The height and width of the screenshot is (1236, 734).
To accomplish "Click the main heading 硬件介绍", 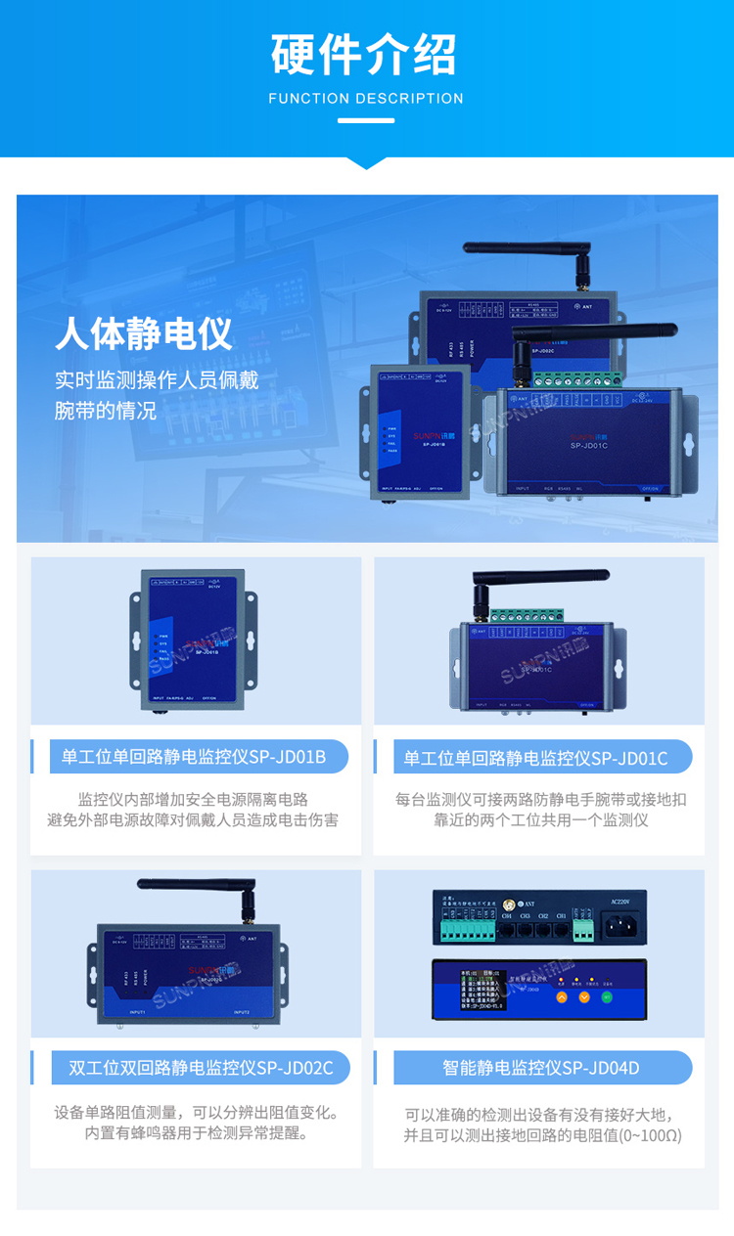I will [366, 55].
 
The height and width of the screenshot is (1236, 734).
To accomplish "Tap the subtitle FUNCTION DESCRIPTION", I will [366, 99].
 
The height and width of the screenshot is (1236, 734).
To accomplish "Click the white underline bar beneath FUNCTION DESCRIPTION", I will [366, 121].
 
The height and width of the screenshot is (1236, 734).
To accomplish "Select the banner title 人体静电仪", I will [144, 333].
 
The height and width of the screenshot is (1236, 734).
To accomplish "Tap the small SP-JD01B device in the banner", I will [420, 430].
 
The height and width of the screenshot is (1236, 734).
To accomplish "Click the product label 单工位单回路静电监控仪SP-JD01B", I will [193, 757].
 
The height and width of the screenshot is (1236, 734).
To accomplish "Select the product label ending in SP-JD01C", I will [536, 757].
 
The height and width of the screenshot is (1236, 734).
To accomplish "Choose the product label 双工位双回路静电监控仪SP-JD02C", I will [201, 1068].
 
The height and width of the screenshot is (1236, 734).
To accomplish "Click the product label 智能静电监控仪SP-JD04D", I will [540, 1068].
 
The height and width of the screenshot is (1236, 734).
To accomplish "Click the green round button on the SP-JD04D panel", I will [608, 997].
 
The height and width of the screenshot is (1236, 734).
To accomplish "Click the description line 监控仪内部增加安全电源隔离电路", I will [193, 799].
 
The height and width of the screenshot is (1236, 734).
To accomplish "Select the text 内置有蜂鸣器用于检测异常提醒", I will [196, 1134].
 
